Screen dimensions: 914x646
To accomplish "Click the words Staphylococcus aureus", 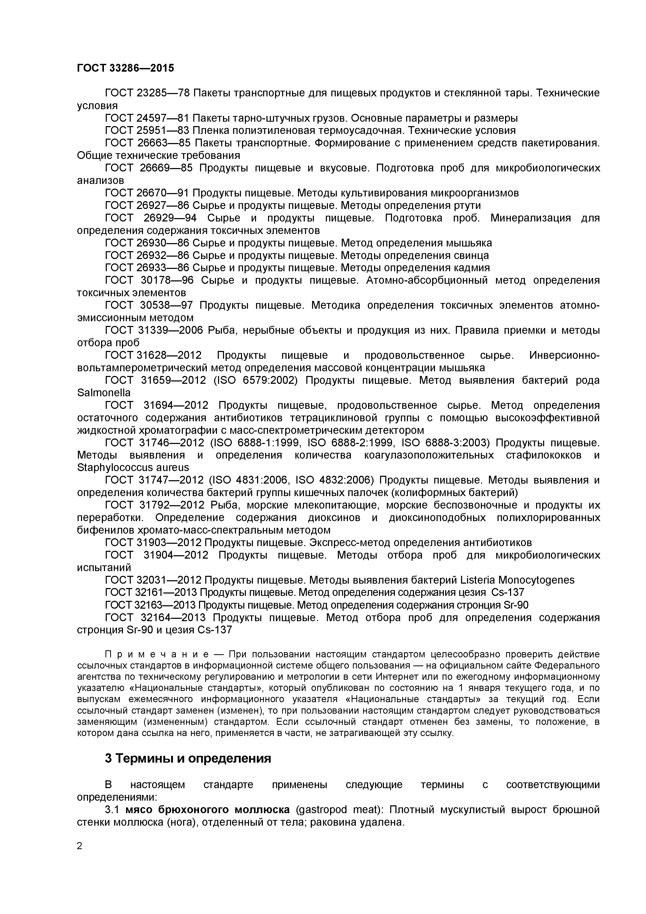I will (133, 467).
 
